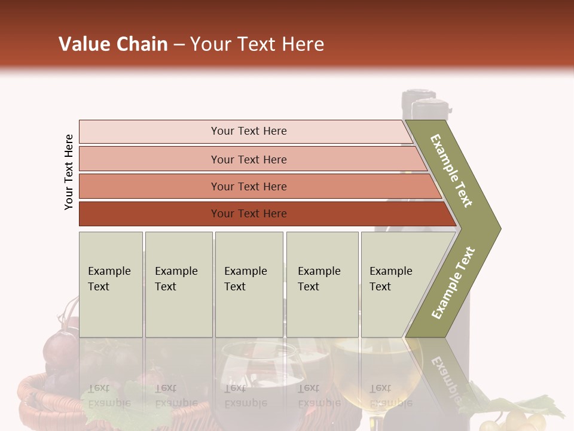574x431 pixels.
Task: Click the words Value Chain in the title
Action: point(113,44)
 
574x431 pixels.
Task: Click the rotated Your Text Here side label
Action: point(69,172)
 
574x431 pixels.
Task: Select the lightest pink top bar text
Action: point(249,131)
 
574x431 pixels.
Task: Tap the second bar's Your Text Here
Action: point(249,159)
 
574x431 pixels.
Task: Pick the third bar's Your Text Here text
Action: point(249,186)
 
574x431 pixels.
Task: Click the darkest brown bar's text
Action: point(249,213)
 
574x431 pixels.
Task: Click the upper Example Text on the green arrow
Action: point(452,170)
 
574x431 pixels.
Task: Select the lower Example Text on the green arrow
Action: point(453,283)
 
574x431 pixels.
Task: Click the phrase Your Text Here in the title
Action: point(257,44)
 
